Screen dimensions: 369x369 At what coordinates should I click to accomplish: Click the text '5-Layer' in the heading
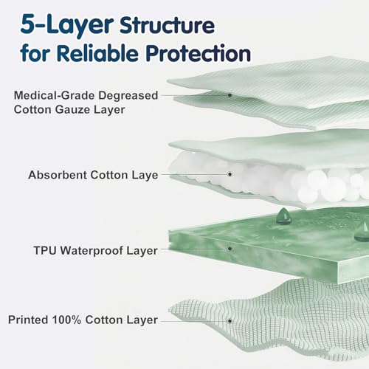pos(67,24)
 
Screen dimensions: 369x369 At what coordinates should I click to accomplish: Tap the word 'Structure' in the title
pos(168,25)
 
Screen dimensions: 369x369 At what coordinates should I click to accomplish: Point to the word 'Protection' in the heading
pos(199,52)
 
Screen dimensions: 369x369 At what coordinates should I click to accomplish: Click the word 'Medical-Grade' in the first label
pos(54,95)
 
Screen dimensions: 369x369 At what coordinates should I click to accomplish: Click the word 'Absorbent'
pos(58,175)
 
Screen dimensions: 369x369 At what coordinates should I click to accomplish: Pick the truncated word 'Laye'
pos(145,176)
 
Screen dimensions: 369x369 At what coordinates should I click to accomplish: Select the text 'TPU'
pos(45,250)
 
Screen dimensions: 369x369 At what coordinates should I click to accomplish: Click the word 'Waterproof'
pos(92,251)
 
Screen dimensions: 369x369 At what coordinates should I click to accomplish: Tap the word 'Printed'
pos(28,320)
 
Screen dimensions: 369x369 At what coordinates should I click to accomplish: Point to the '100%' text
pos(66,320)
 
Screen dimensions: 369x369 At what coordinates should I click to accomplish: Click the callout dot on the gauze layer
pos(230,95)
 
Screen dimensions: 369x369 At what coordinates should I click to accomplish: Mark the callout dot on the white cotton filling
pos(230,174)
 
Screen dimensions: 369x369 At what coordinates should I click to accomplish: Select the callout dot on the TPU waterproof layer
pos(230,249)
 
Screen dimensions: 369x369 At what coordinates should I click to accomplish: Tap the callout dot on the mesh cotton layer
pos(230,321)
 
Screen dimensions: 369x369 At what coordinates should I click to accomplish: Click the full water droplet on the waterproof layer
pos(283,216)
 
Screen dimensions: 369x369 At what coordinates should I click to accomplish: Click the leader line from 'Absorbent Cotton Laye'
pos(195,174)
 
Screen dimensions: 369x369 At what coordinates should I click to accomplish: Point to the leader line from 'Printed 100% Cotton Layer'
pos(195,321)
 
